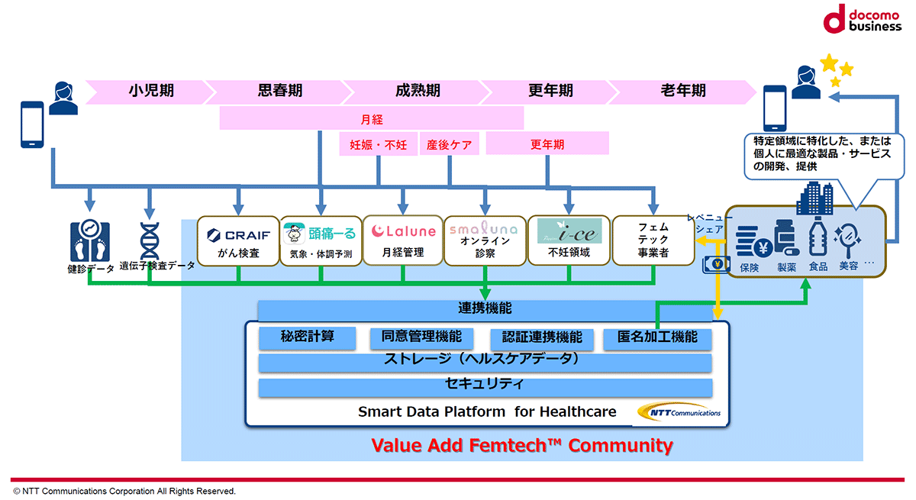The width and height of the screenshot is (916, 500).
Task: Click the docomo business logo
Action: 862,19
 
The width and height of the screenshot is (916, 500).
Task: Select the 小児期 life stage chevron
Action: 150,92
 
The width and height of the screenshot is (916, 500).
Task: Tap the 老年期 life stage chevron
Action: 682,92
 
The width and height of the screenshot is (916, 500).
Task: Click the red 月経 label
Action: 371,119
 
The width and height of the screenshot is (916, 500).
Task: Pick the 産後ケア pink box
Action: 449,144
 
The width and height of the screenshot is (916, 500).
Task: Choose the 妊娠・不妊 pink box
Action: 378,144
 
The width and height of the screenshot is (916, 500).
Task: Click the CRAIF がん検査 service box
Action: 238,241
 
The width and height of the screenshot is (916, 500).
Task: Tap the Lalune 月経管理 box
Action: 403,240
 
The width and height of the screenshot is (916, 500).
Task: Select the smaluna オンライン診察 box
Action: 485,241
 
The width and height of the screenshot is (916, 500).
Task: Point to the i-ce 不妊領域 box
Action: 569,240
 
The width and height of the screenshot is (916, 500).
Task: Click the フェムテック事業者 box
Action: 653,240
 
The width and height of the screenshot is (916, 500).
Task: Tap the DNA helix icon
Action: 150,241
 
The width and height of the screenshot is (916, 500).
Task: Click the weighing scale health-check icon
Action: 90,240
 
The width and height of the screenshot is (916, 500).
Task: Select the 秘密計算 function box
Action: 307,337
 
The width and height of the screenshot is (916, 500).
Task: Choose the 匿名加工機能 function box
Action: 657,338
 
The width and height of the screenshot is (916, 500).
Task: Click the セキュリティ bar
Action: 485,387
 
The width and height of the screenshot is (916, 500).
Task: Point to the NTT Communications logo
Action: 679,412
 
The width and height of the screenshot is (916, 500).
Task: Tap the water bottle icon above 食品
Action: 818,237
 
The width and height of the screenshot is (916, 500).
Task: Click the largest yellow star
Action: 829,63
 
